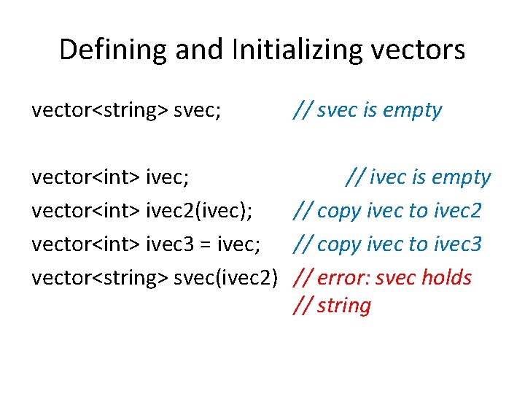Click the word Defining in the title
(x=105, y=50)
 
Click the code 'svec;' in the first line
(x=198, y=110)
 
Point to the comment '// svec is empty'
(x=367, y=110)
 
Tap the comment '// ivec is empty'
(x=419, y=177)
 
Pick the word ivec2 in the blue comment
(x=456, y=211)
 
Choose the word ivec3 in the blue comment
(x=456, y=244)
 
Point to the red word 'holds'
(x=451, y=278)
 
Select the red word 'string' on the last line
(x=345, y=306)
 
